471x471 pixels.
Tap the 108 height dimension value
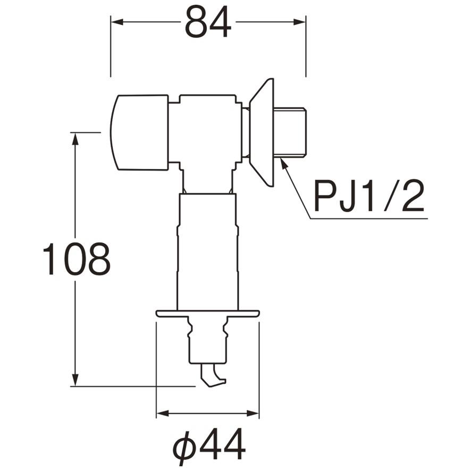coord(76,259)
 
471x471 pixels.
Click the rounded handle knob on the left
coord(139,133)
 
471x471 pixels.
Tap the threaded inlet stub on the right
coord(291,133)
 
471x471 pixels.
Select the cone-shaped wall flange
coord(263,133)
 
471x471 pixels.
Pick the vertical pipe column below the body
coord(207,250)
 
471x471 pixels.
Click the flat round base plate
coord(207,314)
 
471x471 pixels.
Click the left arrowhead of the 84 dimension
coord(116,22)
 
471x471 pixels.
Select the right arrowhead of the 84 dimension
coord(300,22)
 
